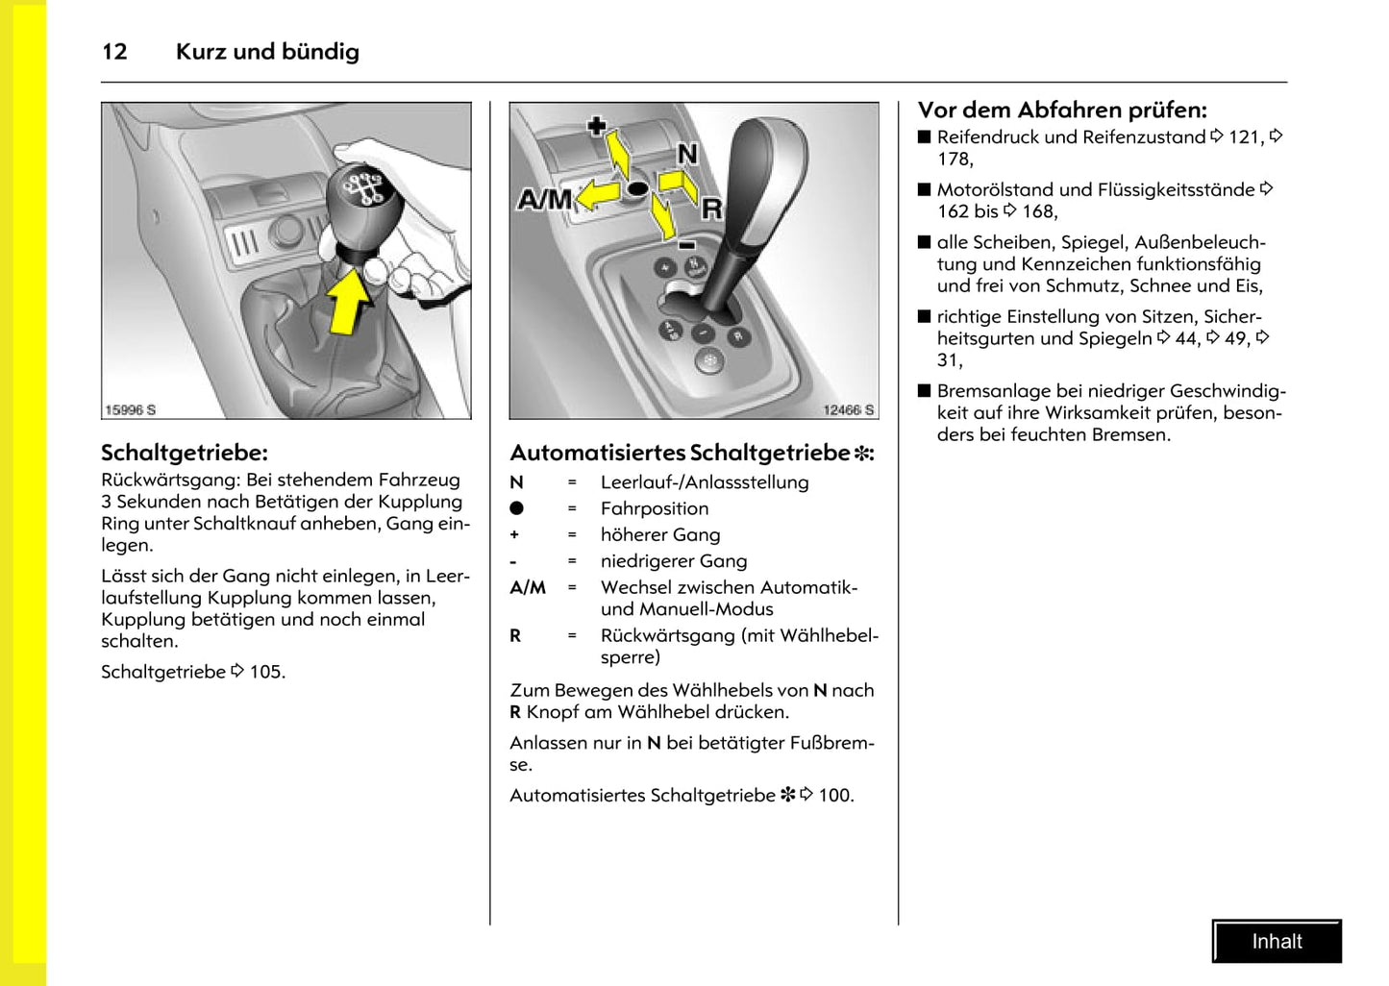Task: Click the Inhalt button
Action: pos(1277,942)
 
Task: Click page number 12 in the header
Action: pos(114,52)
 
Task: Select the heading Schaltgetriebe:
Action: pos(185,453)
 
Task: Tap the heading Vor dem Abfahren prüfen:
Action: pos(1062,110)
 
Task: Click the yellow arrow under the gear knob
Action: pos(349,300)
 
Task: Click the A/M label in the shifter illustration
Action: pos(544,200)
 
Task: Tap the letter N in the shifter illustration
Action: pos(687,154)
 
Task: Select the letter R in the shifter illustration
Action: pos(711,208)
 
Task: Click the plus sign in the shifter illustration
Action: pos(597,126)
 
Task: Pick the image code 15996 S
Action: pos(131,410)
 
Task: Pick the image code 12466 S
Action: pos(848,410)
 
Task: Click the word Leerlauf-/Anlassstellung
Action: pos(705,482)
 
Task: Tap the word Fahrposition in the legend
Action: pos(655,508)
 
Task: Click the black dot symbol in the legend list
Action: pos(517,508)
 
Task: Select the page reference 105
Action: pos(266,672)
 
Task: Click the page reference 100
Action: pos(834,795)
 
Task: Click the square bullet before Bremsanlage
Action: pos(925,391)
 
